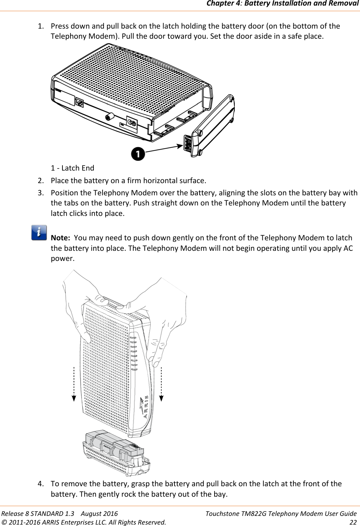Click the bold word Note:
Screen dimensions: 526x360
(60, 238)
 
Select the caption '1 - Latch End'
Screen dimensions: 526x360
(73, 168)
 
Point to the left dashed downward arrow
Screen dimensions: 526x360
(74, 384)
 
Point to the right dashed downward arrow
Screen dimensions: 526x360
(162, 384)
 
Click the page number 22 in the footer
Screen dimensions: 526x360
(353, 522)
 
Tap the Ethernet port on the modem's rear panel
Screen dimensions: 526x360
(80, 103)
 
